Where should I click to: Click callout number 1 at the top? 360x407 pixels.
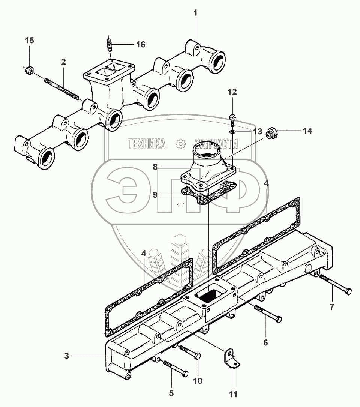point(195,13)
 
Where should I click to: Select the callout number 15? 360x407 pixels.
point(29,41)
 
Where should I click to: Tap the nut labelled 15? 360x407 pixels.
point(29,70)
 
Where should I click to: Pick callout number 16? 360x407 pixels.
point(140,45)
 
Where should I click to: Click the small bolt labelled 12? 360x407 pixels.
point(232,119)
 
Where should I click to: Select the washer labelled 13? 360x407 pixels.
point(232,132)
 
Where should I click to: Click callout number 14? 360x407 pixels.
point(307,131)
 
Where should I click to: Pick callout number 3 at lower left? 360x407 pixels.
point(67,356)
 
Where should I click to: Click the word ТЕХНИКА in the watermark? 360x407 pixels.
point(147,143)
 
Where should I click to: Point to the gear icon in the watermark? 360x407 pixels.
point(180,143)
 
